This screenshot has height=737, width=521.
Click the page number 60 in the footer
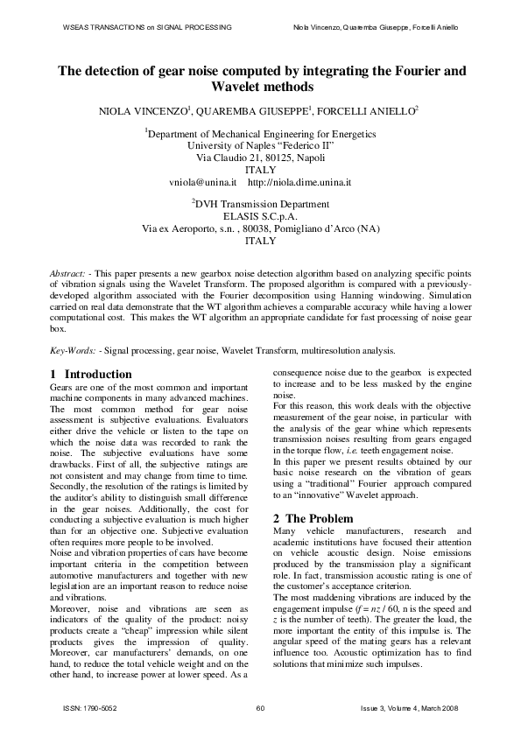(260, 707)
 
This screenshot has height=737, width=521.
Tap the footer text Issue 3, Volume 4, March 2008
(410, 707)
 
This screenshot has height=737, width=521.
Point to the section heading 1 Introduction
(91, 375)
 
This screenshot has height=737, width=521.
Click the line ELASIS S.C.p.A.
(261, 214)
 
